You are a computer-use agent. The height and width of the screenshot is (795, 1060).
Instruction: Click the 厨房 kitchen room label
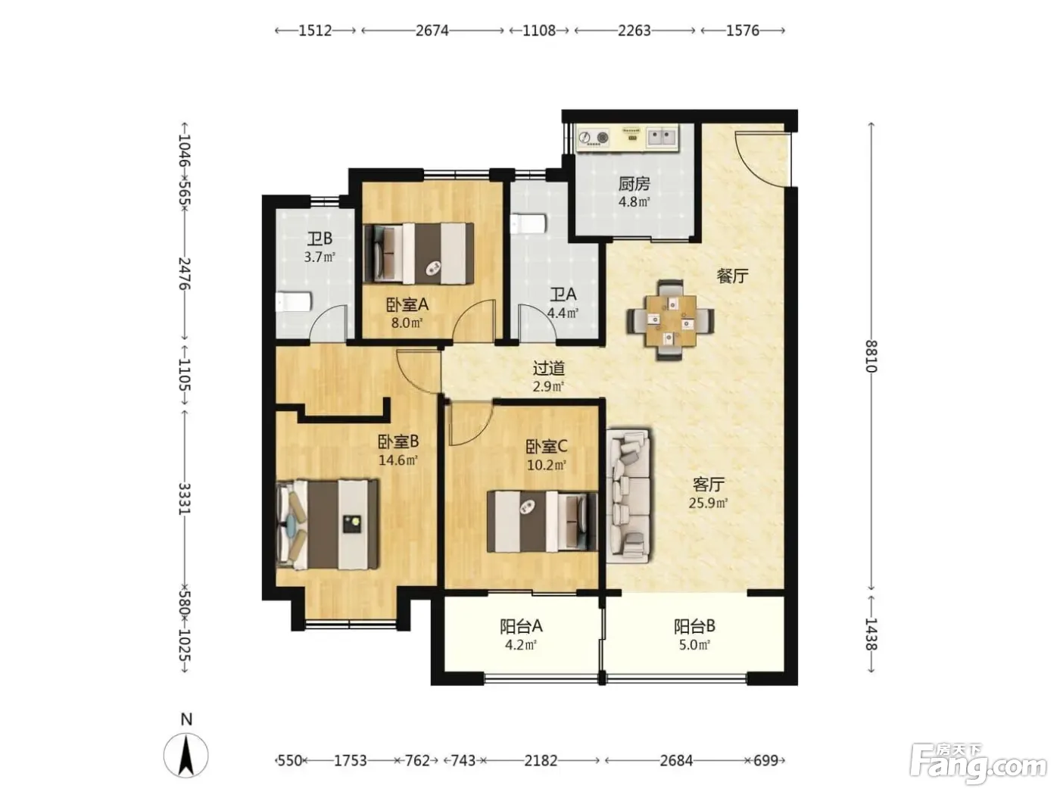click(634, 184)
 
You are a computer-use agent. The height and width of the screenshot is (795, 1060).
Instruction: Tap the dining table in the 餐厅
click(670, 320)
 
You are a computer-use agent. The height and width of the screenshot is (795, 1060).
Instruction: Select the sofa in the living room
click(628, 494)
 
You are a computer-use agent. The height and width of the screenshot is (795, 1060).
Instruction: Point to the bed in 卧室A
click(418, 253)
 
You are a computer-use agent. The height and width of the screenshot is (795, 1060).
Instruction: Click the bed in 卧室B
click(327, 524)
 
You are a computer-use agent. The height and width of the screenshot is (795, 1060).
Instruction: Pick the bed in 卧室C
click(542, 522)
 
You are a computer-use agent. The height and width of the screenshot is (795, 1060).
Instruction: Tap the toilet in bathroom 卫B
click(294, 302)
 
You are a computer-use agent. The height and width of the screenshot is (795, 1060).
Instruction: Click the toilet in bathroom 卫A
click(528, 223)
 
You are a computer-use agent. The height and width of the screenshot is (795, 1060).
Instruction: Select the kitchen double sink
click(661, 136)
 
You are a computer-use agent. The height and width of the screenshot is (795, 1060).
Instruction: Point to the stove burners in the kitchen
click(594, 138)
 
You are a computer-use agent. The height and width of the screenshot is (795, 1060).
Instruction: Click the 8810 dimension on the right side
click(871, 356)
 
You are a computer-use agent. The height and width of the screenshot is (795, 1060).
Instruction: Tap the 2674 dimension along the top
click(432, 30)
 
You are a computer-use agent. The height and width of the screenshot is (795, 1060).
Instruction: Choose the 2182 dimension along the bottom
click(541, 761)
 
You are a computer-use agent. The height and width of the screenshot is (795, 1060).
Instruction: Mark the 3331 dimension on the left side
click(185, 498)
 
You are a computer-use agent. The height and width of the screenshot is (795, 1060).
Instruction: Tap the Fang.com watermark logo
click(977, 765)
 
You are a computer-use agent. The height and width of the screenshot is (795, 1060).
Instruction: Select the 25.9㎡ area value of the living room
click(708, 503)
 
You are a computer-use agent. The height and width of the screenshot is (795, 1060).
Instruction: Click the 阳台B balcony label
click(694, 627)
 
